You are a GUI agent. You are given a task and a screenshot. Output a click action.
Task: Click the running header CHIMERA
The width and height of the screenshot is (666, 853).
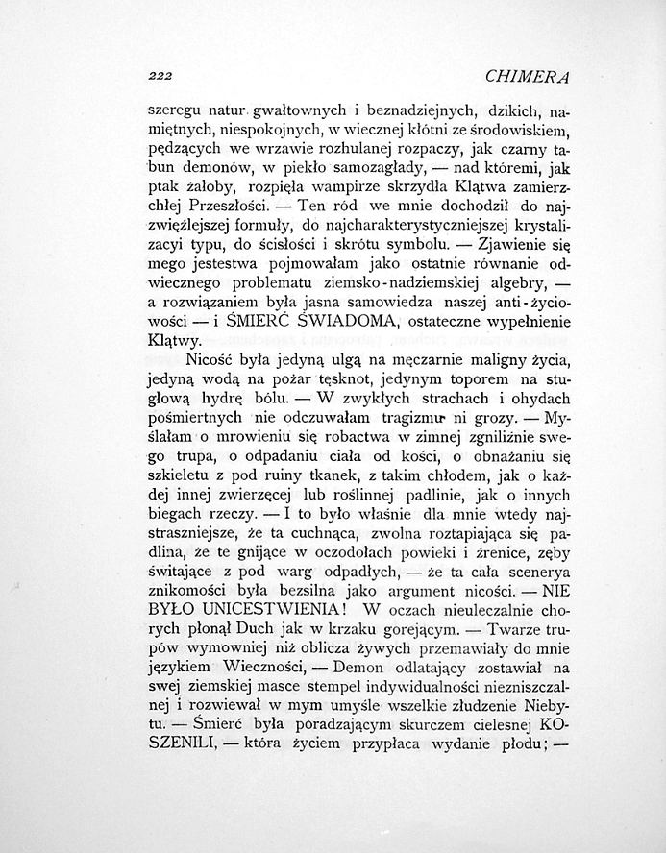click(x=530, y=77)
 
